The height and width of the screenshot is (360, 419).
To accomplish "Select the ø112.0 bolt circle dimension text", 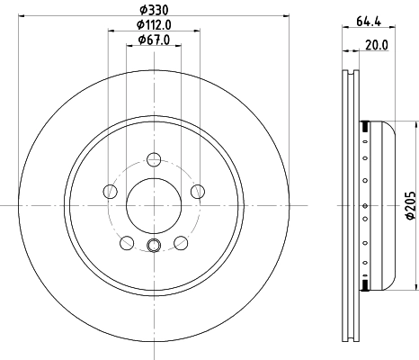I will (154, 24).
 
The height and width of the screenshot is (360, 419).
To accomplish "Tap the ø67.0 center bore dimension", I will (154, 40).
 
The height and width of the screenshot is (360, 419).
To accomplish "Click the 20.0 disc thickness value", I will (377, 44).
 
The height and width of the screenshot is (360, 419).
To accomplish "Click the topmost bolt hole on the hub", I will (154, 160).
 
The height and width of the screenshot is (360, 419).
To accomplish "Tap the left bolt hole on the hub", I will (111, 191).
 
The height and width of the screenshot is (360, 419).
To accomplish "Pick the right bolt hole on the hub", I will (197, 191).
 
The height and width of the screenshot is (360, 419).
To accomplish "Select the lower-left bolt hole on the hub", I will (127, 242).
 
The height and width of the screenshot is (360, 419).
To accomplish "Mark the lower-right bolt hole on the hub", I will (180, 242).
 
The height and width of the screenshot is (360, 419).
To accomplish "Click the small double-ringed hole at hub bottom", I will (154, 247).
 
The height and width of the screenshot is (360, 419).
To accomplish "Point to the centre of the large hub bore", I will (154, 205).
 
